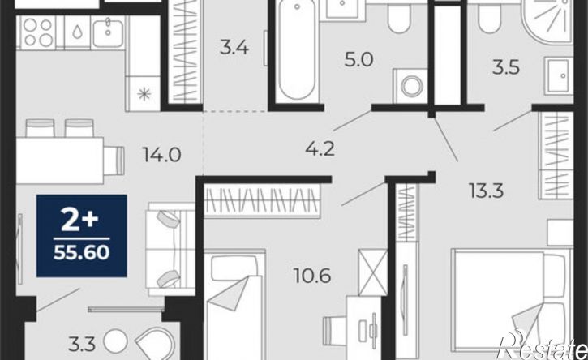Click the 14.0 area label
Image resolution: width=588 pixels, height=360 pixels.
161,155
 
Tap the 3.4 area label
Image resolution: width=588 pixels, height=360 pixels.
234,48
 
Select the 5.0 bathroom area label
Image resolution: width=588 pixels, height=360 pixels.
358,60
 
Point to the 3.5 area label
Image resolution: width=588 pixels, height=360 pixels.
506,68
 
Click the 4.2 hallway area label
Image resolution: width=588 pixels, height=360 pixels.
320,149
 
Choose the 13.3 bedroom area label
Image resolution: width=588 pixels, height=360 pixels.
487,191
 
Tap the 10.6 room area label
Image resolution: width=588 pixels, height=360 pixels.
312,276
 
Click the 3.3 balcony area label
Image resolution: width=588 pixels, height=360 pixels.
82,344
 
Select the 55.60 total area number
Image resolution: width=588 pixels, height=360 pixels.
81,253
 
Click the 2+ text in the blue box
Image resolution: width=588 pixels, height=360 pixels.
79,221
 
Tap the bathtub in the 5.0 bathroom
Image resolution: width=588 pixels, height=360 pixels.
297,49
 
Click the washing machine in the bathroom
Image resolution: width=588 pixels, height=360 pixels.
410,86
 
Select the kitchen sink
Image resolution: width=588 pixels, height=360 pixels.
108,33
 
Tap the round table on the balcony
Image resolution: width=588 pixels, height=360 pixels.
115,341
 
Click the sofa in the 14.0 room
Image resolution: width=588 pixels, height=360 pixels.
170,249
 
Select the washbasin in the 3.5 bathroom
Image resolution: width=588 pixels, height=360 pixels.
558,75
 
